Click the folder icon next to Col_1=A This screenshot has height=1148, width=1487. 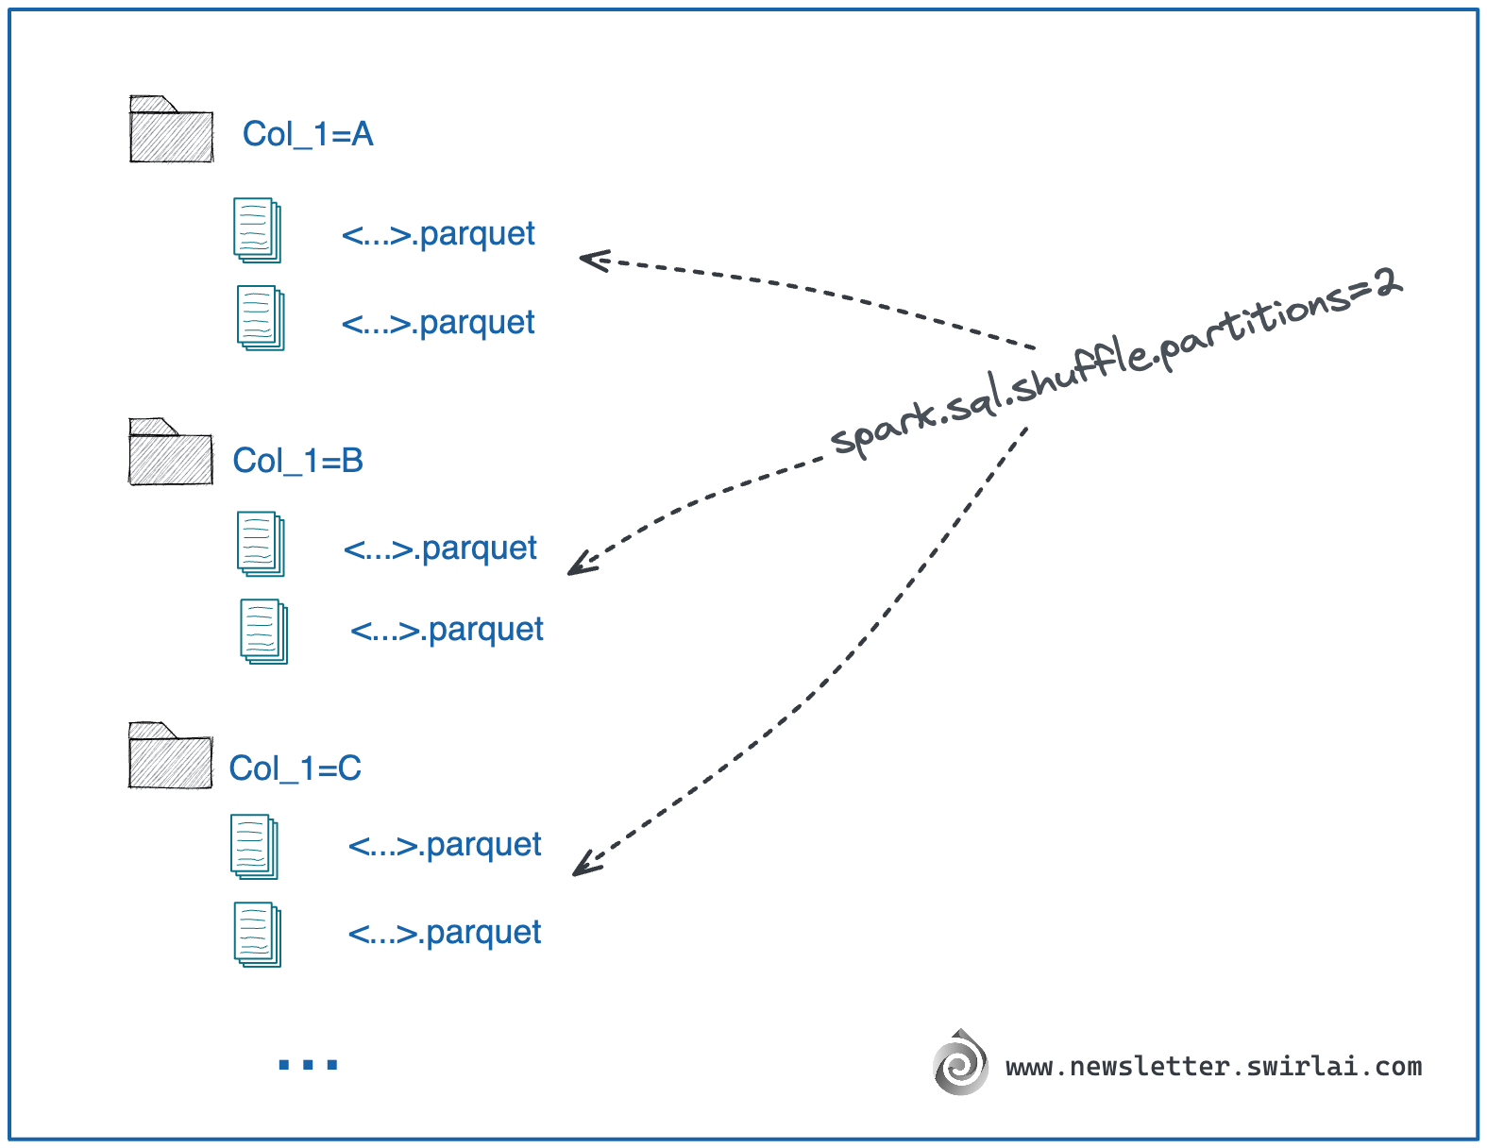click(171, 131)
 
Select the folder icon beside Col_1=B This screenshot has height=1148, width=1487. click(170, 454)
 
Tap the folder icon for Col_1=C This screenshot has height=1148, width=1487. click(170, 757)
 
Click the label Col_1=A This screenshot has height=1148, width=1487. click(308, 135)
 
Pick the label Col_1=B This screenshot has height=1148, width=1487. click(298, 462)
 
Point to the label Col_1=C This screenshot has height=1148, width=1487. click(296, 768)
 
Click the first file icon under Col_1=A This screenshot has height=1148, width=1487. click(257, 230)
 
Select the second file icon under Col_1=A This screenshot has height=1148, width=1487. click(261, 318)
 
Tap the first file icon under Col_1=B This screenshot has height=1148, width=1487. click(261, 544)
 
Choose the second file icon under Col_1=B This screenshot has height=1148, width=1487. click(263, 632)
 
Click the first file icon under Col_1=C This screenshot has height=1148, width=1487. click(254, 847)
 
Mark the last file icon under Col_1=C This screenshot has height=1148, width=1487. click(258, 935)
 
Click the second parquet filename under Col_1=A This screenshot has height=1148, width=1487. click(438, 323)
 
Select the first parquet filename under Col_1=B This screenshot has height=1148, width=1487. click(440, 549)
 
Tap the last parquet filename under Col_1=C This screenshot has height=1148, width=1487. click(445, 933)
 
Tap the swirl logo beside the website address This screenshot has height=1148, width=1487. click(960, 1064)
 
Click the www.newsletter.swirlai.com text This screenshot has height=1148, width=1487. click(1213, 1067)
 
